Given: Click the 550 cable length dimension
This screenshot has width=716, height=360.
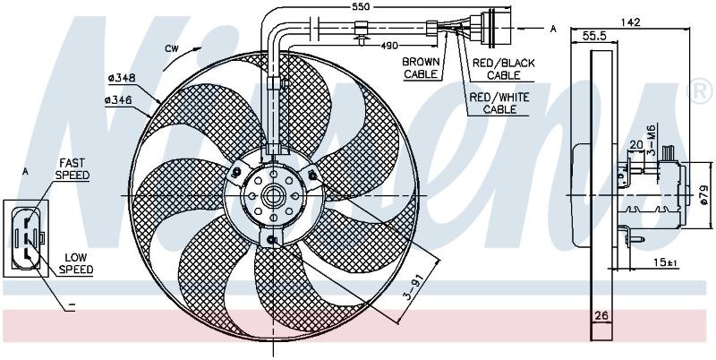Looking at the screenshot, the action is [361, 6].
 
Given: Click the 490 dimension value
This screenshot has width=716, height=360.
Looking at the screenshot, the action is [390, 46].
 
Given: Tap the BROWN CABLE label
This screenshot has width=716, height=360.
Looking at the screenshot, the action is [421, 68].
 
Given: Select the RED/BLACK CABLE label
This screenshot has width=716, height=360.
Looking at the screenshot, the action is [503, 69].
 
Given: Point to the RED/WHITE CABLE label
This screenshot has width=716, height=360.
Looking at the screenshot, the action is [499, 103].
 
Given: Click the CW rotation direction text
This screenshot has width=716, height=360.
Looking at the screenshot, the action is [172, 49].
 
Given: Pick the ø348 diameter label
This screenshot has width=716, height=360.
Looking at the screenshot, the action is [122, 78].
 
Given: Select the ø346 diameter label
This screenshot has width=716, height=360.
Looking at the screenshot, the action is [118, 100].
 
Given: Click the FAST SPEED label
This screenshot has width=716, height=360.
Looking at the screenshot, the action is [72, 168].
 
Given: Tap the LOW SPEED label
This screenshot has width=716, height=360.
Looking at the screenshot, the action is [76, 263].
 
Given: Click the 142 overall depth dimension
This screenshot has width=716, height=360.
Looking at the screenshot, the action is [631, 21].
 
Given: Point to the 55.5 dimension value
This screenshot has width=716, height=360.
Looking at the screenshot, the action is [594, 37].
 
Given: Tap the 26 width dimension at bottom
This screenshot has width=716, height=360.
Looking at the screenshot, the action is [601, 315].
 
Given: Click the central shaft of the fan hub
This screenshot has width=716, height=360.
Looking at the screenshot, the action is [273, 196].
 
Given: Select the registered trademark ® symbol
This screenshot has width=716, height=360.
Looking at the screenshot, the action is [701, 93].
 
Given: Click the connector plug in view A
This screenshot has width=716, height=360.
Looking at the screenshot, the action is [26, 237].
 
